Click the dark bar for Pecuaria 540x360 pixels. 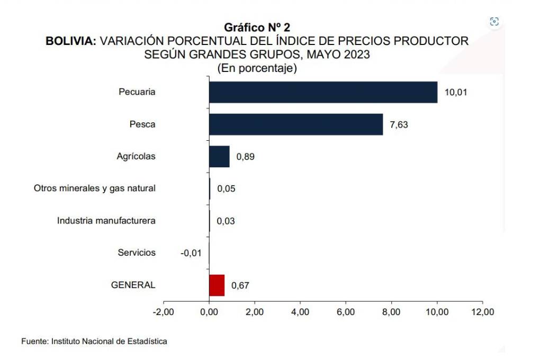coord(323,92)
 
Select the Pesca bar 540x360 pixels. coord(295,124)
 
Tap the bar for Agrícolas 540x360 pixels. coord(219,157)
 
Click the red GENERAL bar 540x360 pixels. coord(217,285)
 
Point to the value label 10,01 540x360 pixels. coord(456,93)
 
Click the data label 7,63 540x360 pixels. coord(399,125)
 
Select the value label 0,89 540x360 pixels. coord(246,157)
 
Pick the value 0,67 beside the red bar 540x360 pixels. coord(240,285)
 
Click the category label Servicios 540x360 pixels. coord(137,253)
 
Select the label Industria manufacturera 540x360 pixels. coord(106,221)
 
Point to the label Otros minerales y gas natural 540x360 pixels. coord(95,188)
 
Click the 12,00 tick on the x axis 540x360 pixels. coord(482,312)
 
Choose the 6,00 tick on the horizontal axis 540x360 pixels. coord(346,312)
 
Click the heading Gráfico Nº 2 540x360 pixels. coord(257,28)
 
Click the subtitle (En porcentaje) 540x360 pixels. coord(257,68)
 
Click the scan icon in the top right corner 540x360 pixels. coord(494,22)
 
